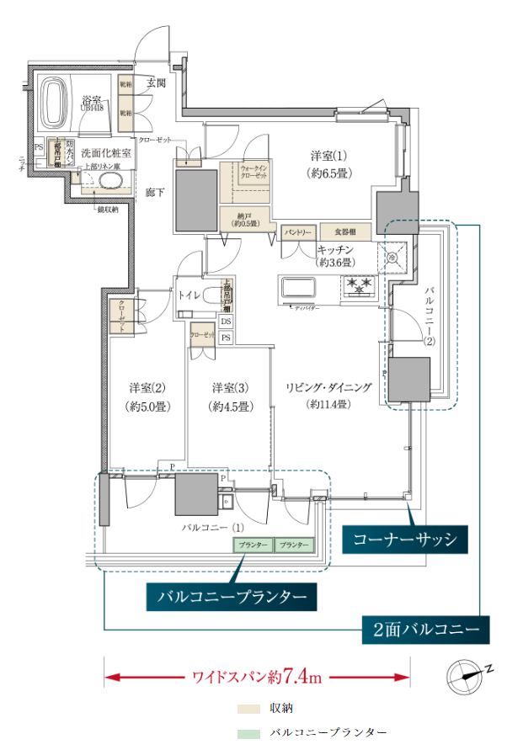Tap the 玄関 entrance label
156,83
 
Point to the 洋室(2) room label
147,396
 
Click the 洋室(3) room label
231,396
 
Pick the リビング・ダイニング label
328,396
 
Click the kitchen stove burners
360,286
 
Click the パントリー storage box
298,231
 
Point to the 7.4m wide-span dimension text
257,676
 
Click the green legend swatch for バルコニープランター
248,734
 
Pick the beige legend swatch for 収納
248,708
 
